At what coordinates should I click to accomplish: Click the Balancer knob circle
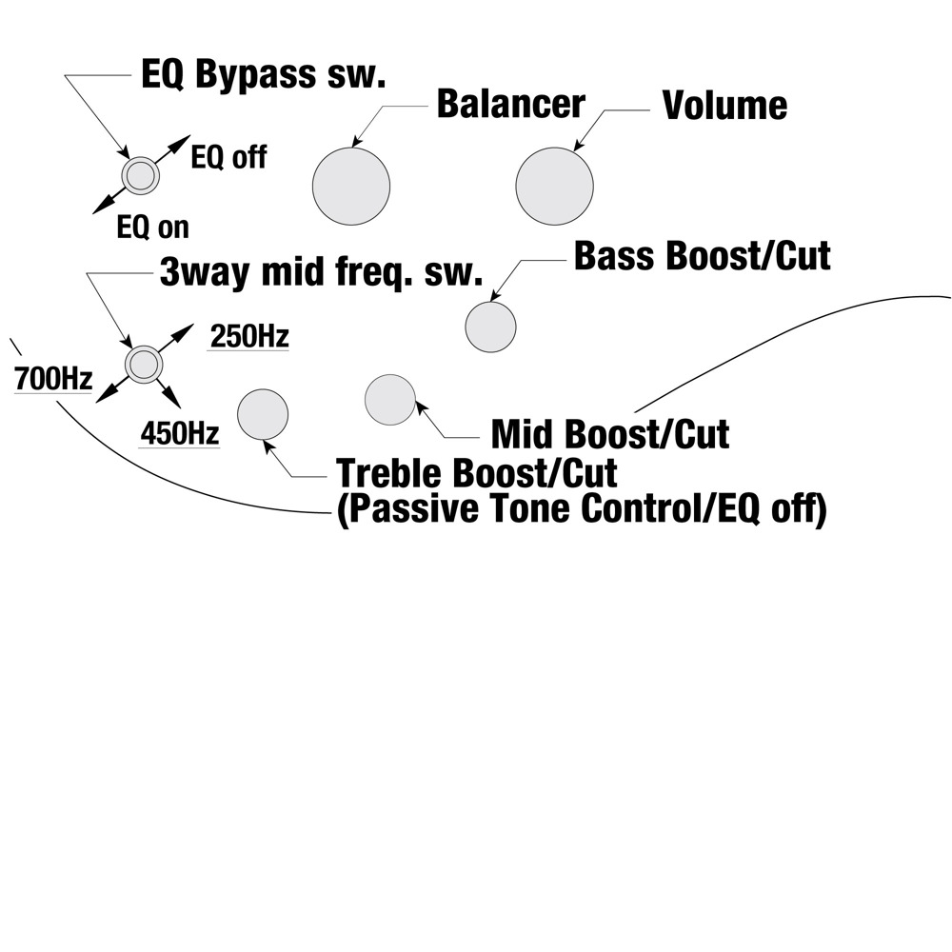(x=351, y=187)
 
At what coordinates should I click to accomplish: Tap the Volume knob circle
(x=554, y=187)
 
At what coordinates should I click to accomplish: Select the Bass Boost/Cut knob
(x=490, y=327)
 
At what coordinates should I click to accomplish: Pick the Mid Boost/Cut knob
(x=390, y=399)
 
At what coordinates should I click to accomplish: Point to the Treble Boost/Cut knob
(x=262, y=415)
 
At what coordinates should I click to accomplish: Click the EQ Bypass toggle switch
(x=140, y=175)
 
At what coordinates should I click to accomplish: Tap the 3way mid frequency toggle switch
(x=144, y=364)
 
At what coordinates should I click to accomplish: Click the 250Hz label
(x=248, y=337)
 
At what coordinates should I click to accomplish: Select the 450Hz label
(x=180, y=434)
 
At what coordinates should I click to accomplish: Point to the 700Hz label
(x=52, y=379)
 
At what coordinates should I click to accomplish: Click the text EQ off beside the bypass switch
(x=228, y=156)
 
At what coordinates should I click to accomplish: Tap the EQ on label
(x=152, y=228)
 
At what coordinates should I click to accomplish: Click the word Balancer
(x=510, y=105)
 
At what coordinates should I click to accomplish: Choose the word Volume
(x=724, y=106)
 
